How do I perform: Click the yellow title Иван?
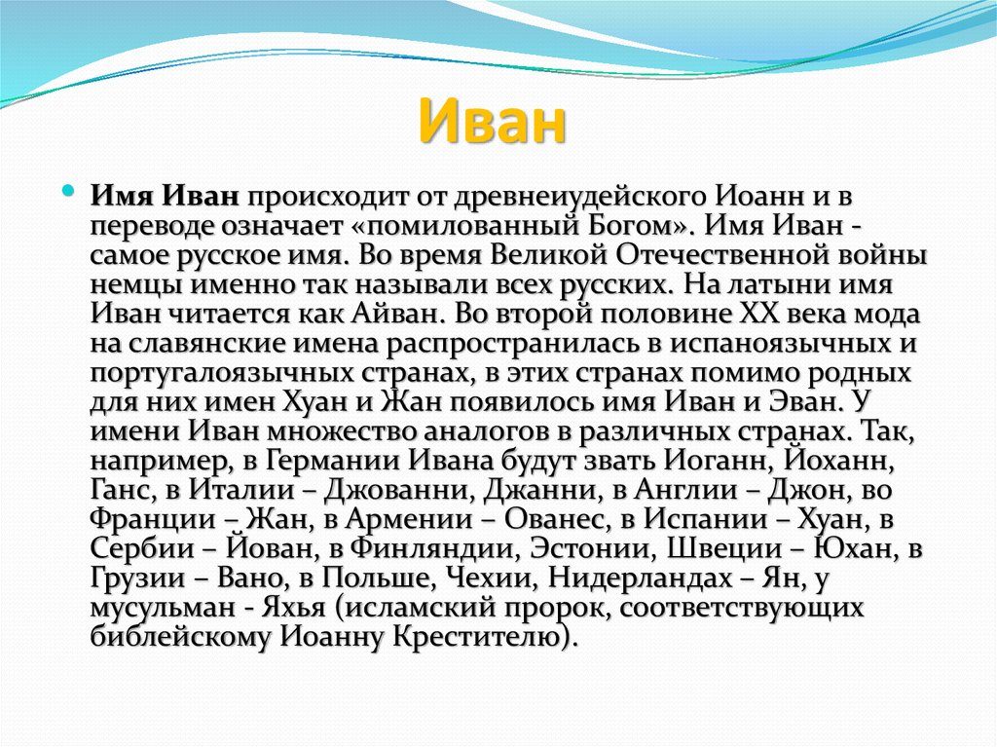[x=493, y=122]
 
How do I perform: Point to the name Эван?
[x=804, y=403]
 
